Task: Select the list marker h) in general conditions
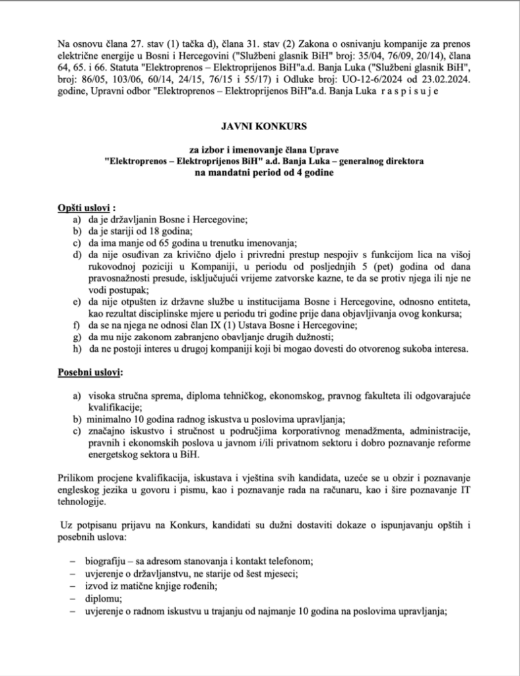[x=77, y=349]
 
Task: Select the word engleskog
[x=81, y=489]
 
